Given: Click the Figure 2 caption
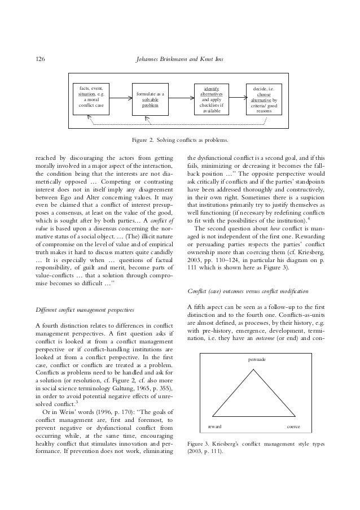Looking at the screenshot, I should pos(179,137).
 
